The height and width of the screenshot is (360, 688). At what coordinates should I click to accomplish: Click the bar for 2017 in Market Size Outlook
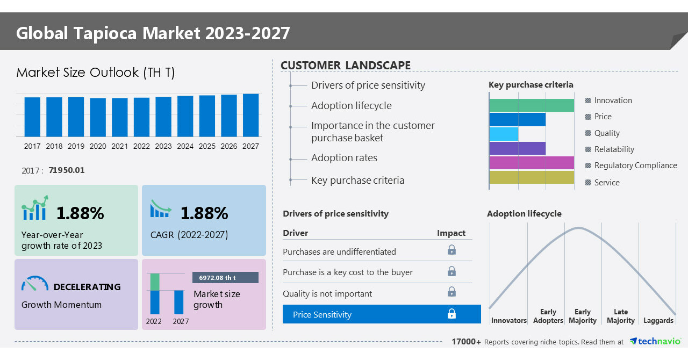tap(32, 117)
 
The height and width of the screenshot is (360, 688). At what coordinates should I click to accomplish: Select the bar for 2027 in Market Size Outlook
tap(250, 115)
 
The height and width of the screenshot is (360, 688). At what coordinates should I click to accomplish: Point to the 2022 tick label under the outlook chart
tap(141, 146)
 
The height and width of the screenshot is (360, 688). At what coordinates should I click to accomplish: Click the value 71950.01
tap(66, 170)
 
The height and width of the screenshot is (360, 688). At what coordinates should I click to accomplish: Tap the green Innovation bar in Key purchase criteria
tap(532, 105)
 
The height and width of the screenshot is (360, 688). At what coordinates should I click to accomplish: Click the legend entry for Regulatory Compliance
tap(635, 165)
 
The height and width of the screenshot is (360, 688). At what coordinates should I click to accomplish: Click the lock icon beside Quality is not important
tap(452, 292)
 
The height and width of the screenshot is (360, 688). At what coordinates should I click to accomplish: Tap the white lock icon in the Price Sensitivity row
tap(452, 314)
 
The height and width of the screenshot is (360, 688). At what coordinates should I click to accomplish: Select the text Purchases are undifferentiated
tap(339, 252)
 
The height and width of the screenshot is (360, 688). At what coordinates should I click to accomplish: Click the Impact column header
tap(451, 233)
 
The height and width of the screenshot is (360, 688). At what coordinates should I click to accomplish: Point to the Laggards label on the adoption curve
tap(658, 321)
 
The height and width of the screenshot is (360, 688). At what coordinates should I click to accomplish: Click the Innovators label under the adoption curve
tap(508, 321)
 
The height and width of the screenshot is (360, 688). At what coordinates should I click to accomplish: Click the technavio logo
tap(655, 342)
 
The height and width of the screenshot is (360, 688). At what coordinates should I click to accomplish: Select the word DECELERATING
tap(87, 287)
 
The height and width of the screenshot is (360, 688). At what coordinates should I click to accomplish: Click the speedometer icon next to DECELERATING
tap(35, 284)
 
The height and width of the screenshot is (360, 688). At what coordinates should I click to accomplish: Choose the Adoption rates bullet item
tap(344, 158)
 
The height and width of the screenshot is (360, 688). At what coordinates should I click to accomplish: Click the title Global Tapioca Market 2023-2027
tap(153, 33)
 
